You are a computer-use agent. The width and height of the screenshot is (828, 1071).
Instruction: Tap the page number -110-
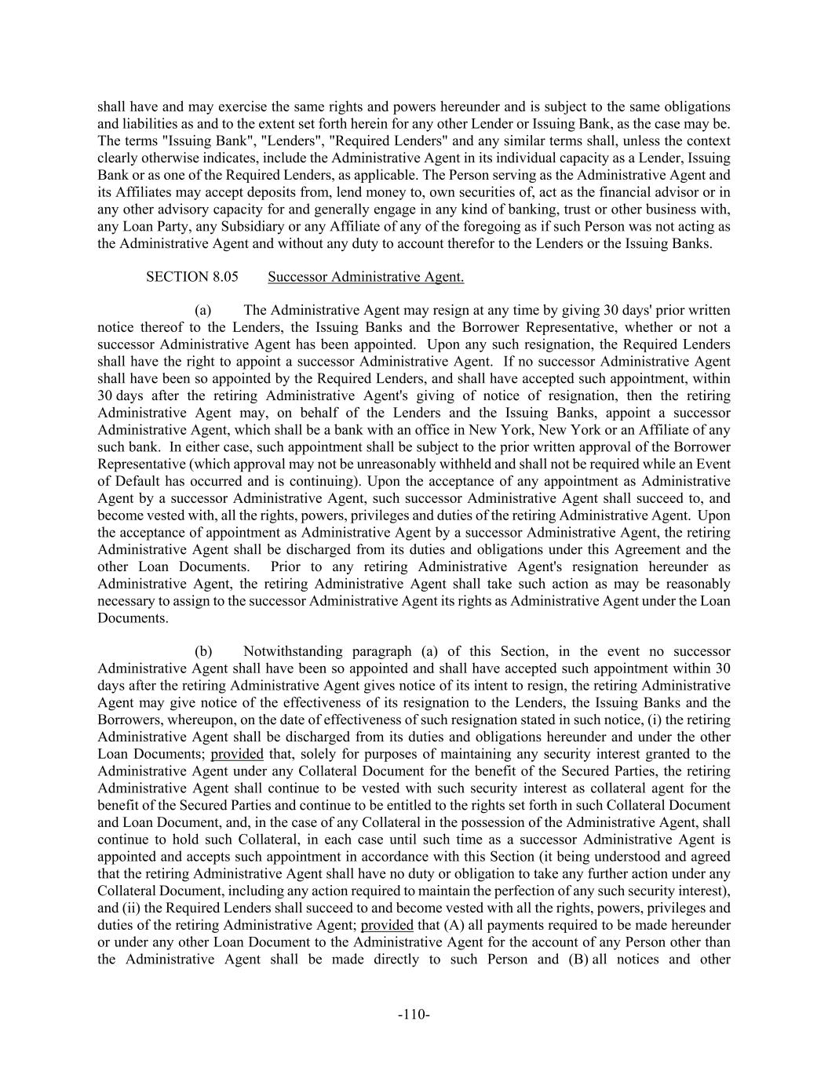click(x=414, y=1015)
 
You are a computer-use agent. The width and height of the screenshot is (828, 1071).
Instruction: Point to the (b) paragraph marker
click(x=203, y=651)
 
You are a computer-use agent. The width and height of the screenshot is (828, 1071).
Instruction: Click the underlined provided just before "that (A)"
click(x=387, y=925)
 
